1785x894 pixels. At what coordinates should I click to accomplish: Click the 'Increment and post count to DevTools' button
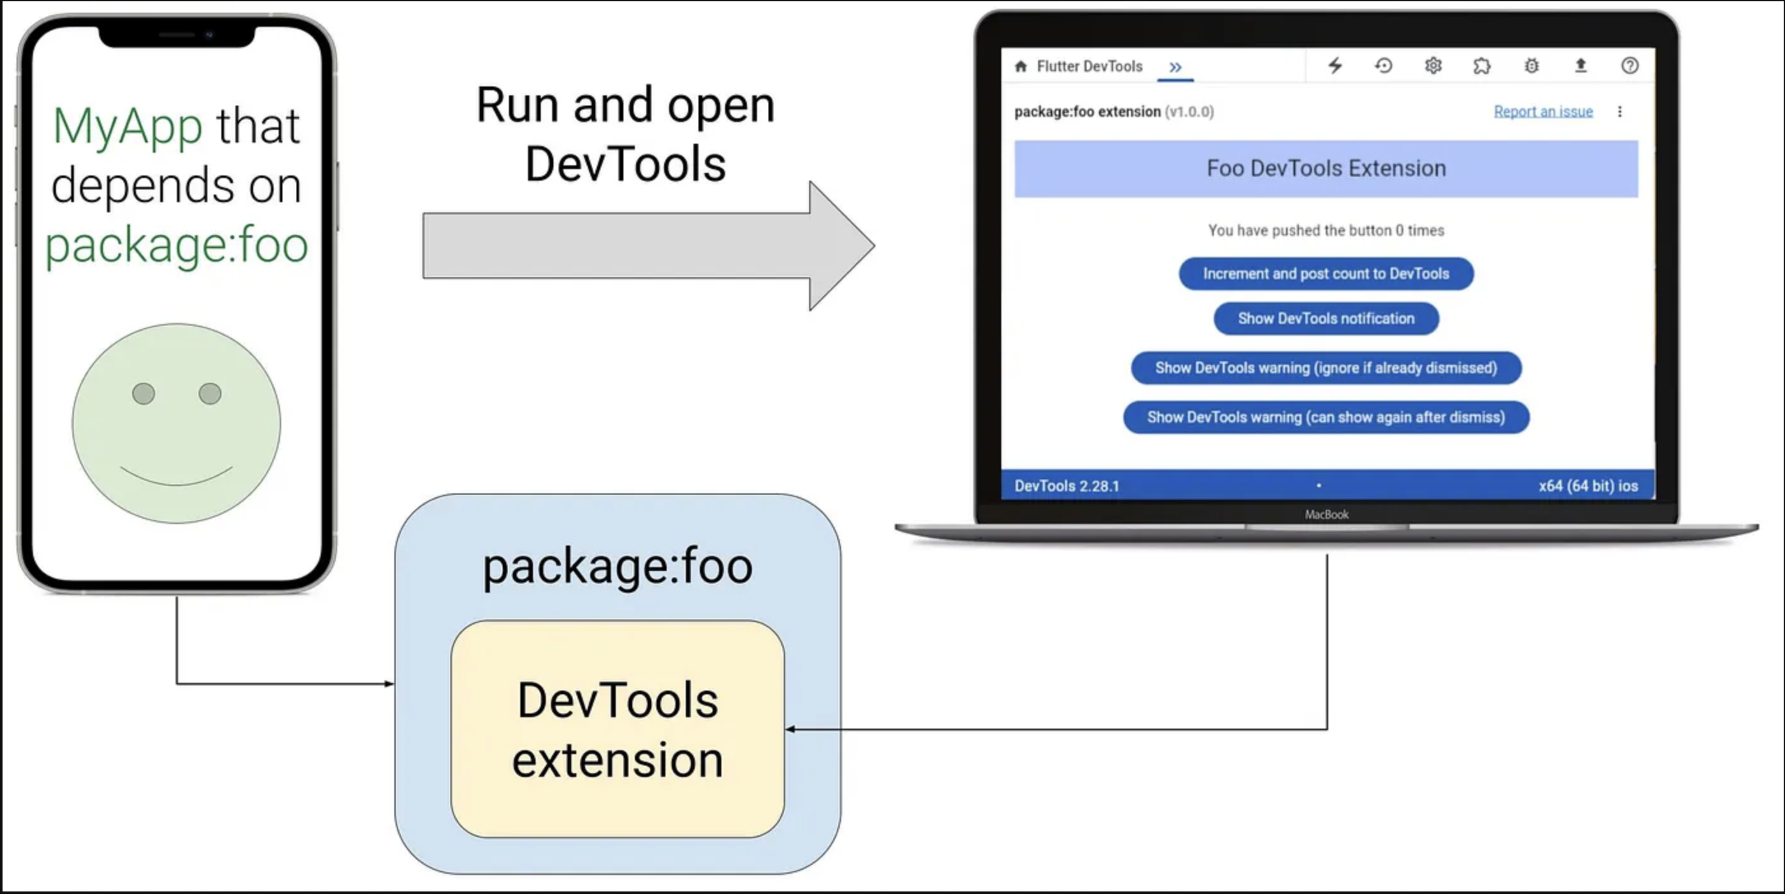1326,273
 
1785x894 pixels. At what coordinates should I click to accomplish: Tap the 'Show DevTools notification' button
1326,319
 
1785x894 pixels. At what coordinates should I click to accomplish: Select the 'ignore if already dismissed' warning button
1326,368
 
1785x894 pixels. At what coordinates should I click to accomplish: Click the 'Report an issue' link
1543,111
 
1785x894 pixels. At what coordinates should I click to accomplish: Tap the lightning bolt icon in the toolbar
1335,65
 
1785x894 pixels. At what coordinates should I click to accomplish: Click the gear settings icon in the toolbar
1433,65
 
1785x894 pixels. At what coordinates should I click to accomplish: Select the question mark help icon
1629,65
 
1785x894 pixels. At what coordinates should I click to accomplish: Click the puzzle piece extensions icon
1482,65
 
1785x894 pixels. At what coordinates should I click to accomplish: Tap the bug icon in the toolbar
1531,65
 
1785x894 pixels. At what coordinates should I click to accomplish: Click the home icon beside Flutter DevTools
1021,67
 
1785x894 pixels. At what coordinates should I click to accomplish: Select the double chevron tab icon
1175,67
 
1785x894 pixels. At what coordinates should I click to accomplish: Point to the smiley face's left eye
143,394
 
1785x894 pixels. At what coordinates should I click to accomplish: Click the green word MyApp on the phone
127,127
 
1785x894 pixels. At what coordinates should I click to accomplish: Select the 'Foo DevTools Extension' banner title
1326,168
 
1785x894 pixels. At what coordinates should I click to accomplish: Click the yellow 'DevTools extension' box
618,729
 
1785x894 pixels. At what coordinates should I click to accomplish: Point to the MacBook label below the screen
1326,514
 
